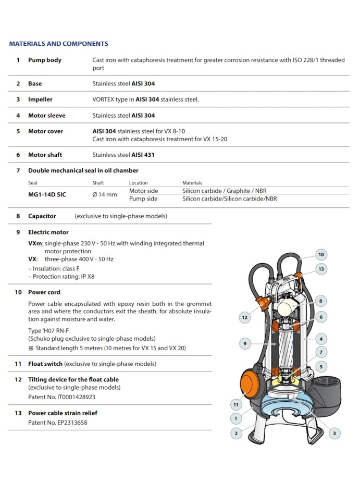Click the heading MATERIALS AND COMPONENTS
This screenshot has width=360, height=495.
coord(58,44)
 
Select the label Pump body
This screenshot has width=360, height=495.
coord(45,60)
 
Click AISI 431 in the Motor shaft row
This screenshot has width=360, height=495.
coord(143,155)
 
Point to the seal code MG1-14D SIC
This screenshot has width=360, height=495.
coord(47,194)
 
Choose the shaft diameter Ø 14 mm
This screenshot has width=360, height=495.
coord(105,194)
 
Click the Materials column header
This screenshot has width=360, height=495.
coord(192,183)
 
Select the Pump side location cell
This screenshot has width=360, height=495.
coord(143,199)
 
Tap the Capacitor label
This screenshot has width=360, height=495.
coord(42,216)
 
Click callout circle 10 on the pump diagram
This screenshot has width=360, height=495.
coord(321,255)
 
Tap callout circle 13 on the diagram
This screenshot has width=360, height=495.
coord(321,269)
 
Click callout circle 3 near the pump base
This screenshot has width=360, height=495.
coord(334,432)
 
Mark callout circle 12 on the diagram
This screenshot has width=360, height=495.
coord(244,317)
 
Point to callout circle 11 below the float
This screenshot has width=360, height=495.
coord(236,404)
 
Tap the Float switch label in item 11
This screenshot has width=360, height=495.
coord(45,364)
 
